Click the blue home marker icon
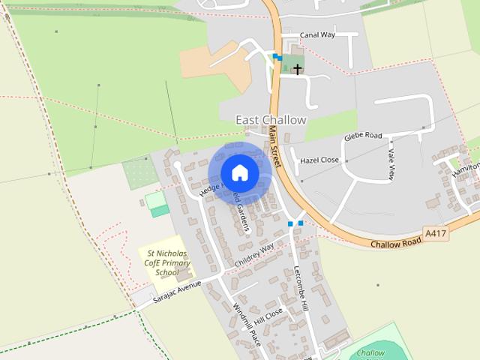point(239,172)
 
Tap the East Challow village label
point(271,120)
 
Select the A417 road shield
point(435,234)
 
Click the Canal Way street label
point(317,34)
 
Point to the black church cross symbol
point(297,70)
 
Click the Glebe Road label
point(363,136)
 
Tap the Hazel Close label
point(319,160)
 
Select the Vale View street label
point(391,163)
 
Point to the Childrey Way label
point(254,253)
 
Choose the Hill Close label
point(268,316)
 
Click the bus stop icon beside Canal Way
point(277,57)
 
